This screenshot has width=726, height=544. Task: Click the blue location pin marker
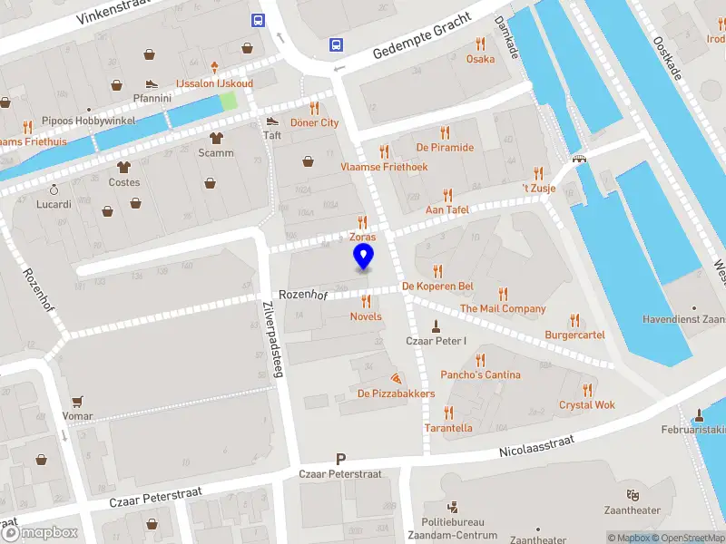(363, 257)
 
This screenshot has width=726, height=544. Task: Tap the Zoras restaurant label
(363, 237)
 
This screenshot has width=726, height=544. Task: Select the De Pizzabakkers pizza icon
(396, 378)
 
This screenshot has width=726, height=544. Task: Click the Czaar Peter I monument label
(436, 341)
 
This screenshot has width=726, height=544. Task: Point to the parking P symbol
(341, 460)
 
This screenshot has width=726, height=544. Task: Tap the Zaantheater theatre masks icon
(632, 495)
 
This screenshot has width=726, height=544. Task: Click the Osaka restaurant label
(480, 59)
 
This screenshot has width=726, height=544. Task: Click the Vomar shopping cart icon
(77, 401)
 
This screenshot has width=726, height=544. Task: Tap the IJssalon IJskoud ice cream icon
(215, 67)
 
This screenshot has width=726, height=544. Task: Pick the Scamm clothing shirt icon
(216, 138)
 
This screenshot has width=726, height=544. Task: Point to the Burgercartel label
(574, 335)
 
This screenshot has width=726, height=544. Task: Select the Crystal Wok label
(587, 404)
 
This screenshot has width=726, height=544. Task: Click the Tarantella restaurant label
(448, 428)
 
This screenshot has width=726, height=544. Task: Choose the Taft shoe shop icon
(272, 121)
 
